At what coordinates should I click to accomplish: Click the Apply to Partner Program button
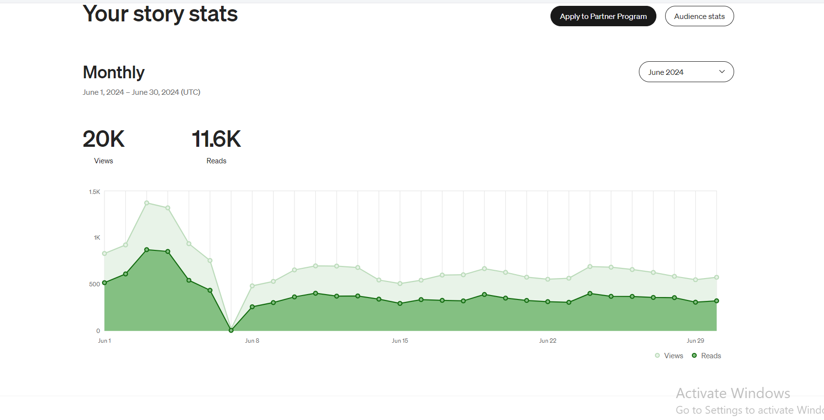point(603,17)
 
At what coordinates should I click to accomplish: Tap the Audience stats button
point(699,17)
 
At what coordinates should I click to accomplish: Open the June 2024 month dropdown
point(686,72)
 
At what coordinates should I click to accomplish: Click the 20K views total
point(103,139)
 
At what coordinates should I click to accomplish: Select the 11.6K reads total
point(216,139)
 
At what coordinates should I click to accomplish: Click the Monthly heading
point(114,72)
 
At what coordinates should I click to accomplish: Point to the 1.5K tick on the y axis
point(94,192)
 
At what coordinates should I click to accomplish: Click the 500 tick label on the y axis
point(94,284)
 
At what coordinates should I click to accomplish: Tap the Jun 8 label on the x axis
point(252,341)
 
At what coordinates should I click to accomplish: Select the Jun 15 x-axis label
point(400,341)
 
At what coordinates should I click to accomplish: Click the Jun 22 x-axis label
point(548,341)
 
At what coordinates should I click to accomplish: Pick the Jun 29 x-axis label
point(695,341)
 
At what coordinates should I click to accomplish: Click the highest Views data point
point(147,203)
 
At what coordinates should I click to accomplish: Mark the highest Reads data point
point(147,250)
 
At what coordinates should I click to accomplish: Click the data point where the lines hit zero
point(231,331)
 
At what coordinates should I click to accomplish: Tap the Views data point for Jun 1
point(104,253)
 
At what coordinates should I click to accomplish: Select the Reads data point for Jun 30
point(717,301)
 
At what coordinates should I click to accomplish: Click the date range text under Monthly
point(141,92)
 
